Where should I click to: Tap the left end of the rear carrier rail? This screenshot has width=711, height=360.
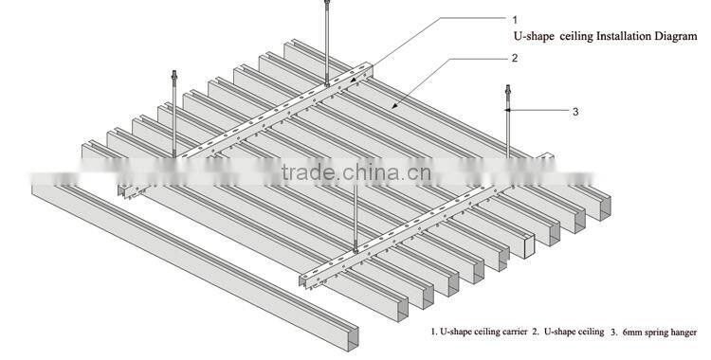tap(124, 190)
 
